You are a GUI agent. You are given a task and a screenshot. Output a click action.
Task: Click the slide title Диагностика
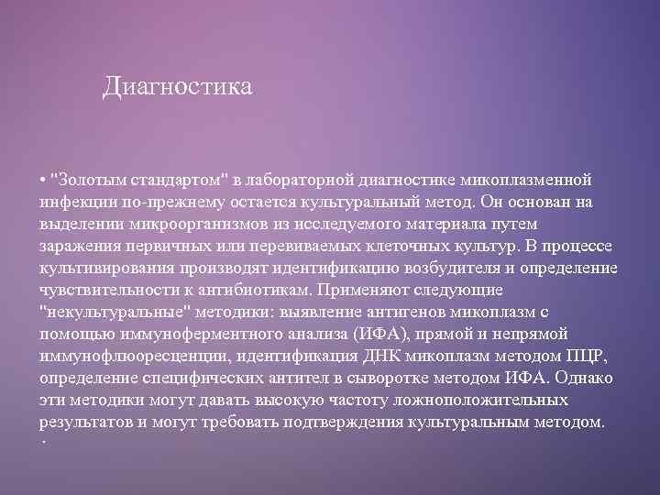coord(177,88)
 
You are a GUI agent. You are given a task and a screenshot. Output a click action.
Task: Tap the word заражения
coord(77,246)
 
